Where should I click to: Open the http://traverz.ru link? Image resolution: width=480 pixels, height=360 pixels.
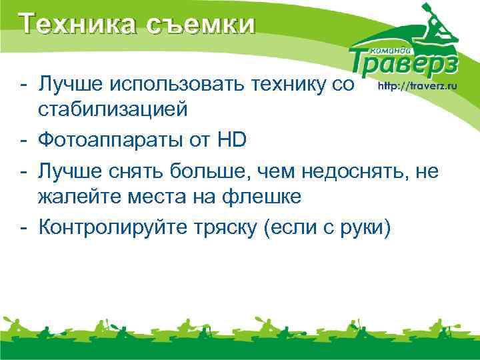417,86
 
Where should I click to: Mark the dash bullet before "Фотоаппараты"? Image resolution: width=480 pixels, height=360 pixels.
23,140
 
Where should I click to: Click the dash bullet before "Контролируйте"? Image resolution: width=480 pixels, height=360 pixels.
23,229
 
